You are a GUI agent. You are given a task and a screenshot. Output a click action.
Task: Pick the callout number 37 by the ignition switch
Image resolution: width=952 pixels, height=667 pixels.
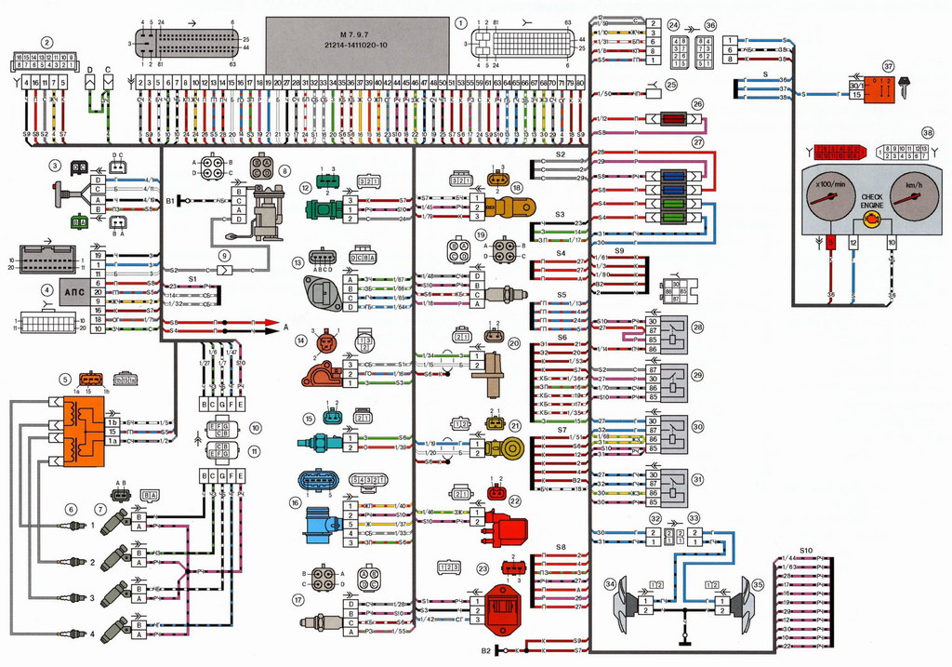click(x=889, y=67)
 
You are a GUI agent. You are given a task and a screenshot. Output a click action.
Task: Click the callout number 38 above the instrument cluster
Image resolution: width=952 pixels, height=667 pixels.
click(x=927, y=133)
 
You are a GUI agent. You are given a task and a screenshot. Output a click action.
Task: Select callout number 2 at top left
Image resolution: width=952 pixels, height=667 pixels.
click(x=46, y=41)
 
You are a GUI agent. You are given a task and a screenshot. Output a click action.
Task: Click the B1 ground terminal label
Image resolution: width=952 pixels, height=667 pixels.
click(x=170, y=200)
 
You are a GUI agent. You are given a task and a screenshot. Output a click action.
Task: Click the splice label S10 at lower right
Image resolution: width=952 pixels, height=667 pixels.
click(x=805, y=552)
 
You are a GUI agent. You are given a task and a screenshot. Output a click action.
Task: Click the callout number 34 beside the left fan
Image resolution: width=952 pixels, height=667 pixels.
click(x=610, y=584)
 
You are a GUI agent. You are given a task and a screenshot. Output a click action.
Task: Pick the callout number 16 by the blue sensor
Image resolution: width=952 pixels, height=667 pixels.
click(x=296, y=503)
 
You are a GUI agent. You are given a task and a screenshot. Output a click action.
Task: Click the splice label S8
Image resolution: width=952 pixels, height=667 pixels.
click(x=561, y=547)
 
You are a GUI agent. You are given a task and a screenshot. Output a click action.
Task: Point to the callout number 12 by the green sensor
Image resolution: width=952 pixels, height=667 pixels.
click(x=304, y=188)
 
